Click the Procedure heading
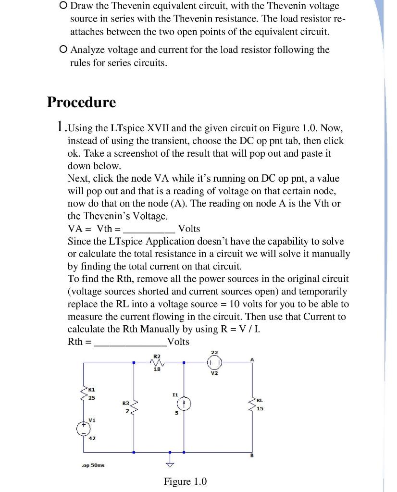coord(81,102)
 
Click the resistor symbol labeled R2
coord(157,363)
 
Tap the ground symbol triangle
coord(169,464)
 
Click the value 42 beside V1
coord(91,438)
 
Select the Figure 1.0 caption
coord(185,481)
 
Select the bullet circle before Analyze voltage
coord(62,49)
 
